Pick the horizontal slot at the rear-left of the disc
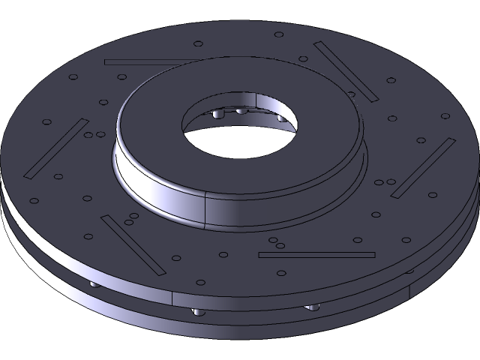click(x=150, y=61)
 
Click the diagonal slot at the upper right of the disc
click(x=346, y=71)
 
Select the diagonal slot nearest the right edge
click(x=423, y=168)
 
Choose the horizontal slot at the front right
click(x=316, y=254)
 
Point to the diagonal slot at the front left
click(x=132, y=243)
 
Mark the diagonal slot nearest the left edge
click(x=57, y=148)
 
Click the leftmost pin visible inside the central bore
click(x=217, y=115)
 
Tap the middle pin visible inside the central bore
click(x=241, y=111)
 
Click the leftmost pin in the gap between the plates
click(x=92, y=285)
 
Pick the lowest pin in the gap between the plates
click(x=197, y=311)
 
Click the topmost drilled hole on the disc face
click(x=279, y=34)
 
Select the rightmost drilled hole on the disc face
click(x=445, y=116)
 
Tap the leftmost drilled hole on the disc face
click(x=34, y=201)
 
